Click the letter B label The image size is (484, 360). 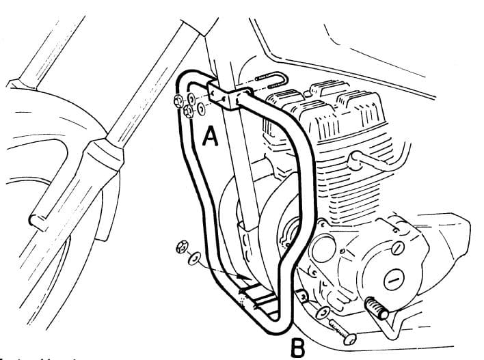pyautogui.click(x=297, y=348)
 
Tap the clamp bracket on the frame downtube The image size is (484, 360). pyautogui.click(x=225, y=96)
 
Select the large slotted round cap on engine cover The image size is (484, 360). pyautogui.click(x=396, y=277)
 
